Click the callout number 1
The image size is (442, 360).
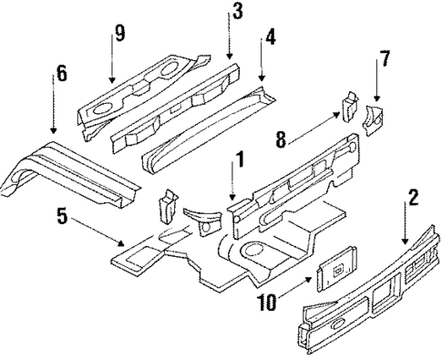(x=239, y=161)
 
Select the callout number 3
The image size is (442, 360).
(x=237, y=12)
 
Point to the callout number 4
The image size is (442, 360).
(x=269, y=40)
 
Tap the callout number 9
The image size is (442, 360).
(x=118, y=34)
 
